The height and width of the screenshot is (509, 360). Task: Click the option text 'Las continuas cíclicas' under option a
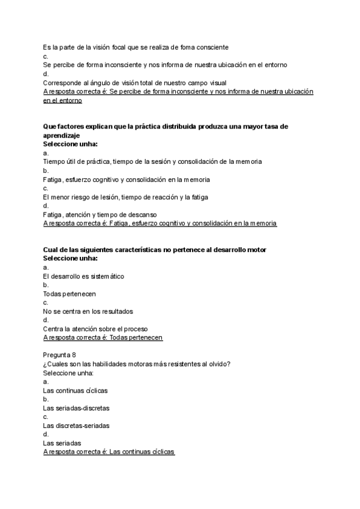point(76,390)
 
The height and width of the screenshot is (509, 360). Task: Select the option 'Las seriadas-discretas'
point(76,408)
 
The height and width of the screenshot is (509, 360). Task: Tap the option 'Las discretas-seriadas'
point(76,426)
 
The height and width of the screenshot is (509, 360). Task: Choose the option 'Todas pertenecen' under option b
point(70,294)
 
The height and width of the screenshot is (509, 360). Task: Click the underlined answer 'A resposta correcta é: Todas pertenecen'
point(103,337)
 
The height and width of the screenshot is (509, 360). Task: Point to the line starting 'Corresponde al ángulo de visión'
point(134,82)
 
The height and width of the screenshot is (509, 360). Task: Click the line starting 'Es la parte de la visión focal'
point(136,47)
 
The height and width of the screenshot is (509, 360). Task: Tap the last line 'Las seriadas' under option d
point(62,443)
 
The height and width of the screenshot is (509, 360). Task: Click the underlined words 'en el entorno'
point(62,100)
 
